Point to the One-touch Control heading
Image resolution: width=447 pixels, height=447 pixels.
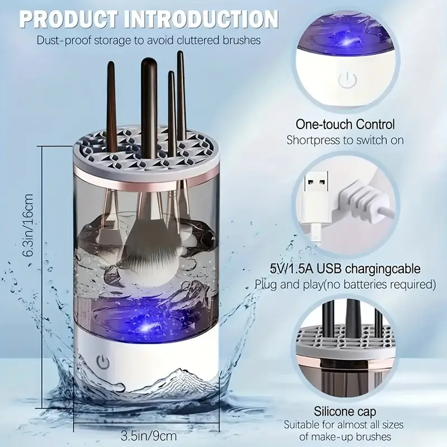[x=344, y=124]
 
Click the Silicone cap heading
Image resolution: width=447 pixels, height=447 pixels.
[x=345, y=412]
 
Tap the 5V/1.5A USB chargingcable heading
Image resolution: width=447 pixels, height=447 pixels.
[x=345, y=269]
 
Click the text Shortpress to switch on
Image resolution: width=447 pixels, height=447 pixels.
[x=345, y=140]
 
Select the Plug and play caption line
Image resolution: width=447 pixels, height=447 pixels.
[x=345, y=284]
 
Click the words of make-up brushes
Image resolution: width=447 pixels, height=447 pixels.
[x=345, y=438]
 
